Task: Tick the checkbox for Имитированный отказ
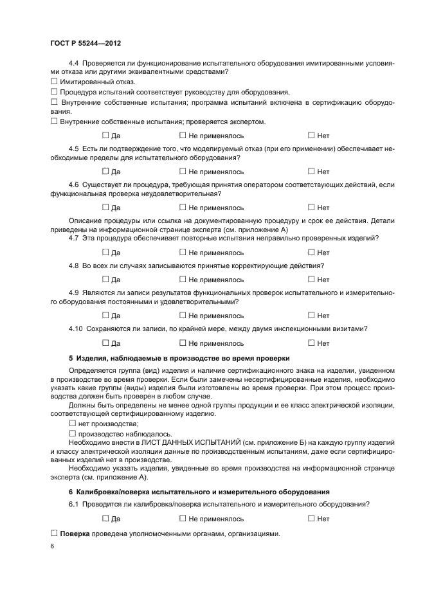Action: [x=54, y=82]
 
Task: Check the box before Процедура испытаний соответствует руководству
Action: [x=54, y=93]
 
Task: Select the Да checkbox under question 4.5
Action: [x=105, y=172]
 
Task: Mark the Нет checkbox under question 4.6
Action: [x=311, y=208]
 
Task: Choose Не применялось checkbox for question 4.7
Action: [x=183, y=253]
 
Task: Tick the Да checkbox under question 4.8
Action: [x=105, y=280]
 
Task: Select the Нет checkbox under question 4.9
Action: [x=311, y=316]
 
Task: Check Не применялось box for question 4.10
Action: [x=183, y=343]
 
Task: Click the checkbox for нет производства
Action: [x=72, y=424]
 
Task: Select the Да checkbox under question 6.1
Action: [x=105, y=518]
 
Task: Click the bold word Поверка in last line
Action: [x=75, y=534]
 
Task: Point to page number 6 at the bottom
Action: [x=52, y=546]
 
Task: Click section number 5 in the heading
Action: [x=71, y=358]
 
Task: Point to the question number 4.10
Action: [x=76, y=329]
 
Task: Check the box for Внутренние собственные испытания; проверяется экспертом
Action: [x=54, y=121]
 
